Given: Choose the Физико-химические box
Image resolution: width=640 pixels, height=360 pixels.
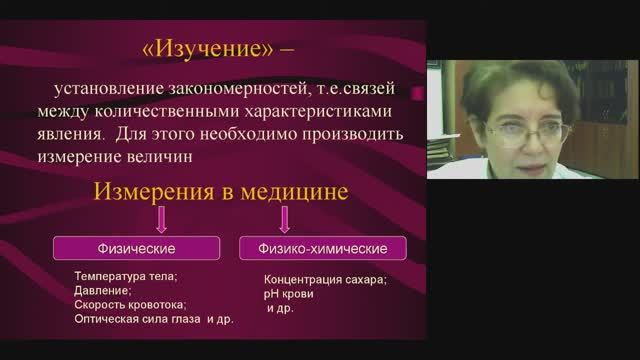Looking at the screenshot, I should pyautogui.click(x=314, y=246).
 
